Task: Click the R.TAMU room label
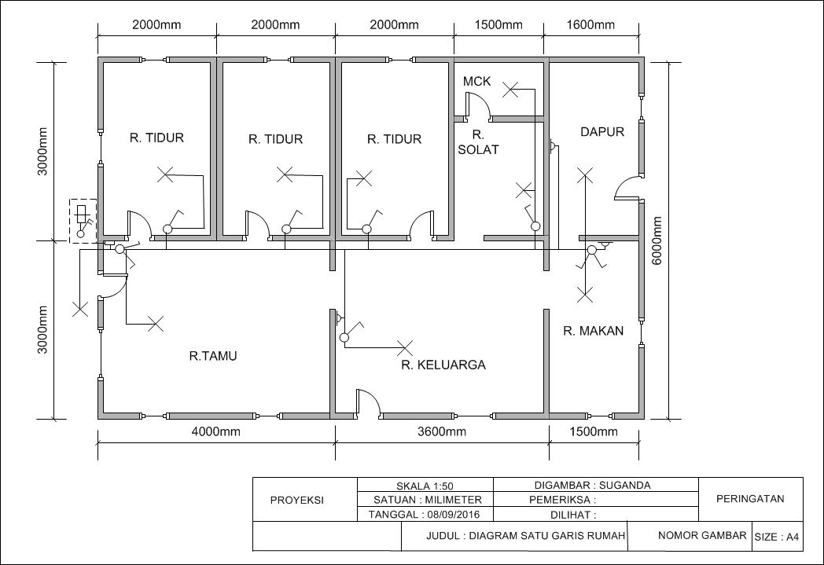[x=213, y=356]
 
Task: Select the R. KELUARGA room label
[x=443, y=365]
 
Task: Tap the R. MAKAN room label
[x=593, y=331]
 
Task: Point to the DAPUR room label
[x=602, y=132]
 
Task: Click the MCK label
[x=476, y=81]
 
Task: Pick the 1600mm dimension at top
[x=590, y=24]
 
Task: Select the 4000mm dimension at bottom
[x=215, y=431]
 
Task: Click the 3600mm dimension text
[x=441, y=431]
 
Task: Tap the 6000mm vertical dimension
[x=657, y=241]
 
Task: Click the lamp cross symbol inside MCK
[x=511, y=90]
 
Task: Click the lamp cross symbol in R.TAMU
[x=156, y=323]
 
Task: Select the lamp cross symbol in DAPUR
[x=584, y=175]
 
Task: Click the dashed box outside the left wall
[x=83, y=221]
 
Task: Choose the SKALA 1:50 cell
[x=425, y=485]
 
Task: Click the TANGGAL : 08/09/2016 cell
[x=425, y=515]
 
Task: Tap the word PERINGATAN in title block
[x=750, y=498]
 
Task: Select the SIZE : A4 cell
[x=777, y=537]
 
